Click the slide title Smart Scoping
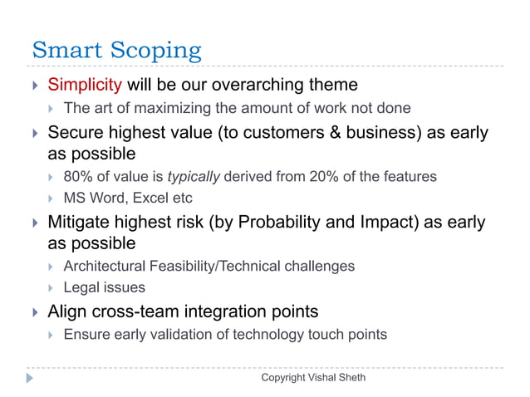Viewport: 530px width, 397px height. [115, 51]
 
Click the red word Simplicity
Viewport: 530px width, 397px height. [86, 85]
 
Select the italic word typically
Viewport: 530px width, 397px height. [196, 176]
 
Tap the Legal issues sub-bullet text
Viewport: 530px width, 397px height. [104, 287]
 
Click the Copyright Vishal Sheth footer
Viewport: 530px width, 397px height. [313, 378]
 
